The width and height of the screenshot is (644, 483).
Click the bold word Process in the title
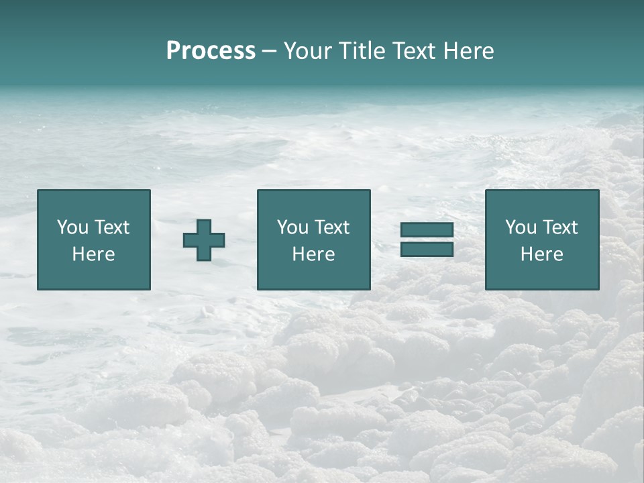point(211,51)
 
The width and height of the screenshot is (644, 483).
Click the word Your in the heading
point(307,51)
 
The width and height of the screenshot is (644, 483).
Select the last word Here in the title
point(469,51)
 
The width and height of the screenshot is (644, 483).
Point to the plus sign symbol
point(204,240)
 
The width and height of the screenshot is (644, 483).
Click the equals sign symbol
point(427,240)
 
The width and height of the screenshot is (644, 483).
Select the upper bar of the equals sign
point(427,230)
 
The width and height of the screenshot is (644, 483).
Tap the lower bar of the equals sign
point(427,250)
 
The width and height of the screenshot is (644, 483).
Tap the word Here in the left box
point(93,254)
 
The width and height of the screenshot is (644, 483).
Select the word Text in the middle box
point(332,227)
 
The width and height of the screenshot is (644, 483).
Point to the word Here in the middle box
point(313,254)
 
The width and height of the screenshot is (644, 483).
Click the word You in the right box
point(521,227)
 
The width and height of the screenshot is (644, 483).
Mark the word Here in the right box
point(541,254)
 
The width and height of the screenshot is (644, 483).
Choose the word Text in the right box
point(560,227)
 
